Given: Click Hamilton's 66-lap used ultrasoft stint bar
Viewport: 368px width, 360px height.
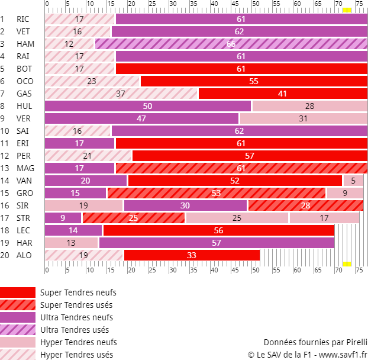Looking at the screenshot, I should point(231,44).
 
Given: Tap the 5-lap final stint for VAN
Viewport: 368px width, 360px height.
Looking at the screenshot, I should point(353,181).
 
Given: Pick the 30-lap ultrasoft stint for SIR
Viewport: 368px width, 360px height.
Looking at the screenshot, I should point(185,205).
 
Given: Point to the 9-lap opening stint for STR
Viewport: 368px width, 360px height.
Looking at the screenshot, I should point(63,218).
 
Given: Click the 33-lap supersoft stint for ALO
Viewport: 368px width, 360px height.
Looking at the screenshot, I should point(192,255).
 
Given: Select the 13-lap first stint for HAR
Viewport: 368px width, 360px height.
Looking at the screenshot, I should point(72,243).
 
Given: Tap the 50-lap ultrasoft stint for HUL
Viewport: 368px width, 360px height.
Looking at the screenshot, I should point(148,106).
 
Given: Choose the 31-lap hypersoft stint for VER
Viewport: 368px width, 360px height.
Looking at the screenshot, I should point(304,118).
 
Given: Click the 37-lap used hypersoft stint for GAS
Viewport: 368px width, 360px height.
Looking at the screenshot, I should point(121,94).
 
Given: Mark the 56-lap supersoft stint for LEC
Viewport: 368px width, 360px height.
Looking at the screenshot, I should point(219,230).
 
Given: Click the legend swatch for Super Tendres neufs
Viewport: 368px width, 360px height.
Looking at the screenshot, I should point(18,292).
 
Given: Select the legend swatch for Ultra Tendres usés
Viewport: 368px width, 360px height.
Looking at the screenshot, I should point(18,330).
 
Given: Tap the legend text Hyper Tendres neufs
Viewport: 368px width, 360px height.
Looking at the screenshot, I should point(78,342).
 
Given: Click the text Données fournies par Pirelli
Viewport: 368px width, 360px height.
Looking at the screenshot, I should point(315,342).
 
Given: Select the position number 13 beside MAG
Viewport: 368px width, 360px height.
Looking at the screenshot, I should point(5,168).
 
